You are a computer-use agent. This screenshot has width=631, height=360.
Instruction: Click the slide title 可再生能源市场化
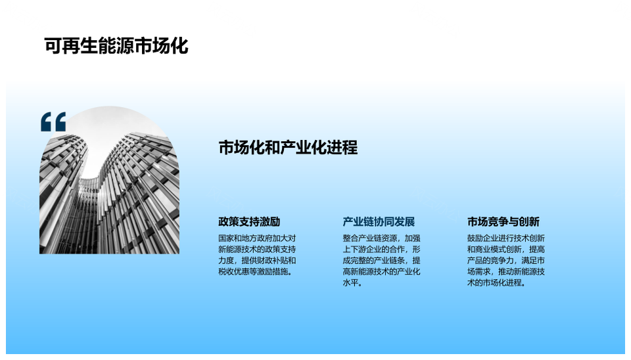pos(116,46)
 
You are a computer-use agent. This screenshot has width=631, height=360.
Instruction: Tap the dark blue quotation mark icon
pos(53,122)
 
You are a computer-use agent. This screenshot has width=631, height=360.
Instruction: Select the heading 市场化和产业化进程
pos(288,148)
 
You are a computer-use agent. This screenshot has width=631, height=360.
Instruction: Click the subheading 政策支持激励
pos(249,221)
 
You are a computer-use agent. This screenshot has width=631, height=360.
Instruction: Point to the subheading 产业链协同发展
pos(379,221)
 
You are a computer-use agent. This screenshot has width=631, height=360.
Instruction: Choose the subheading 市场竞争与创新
pos(503,221)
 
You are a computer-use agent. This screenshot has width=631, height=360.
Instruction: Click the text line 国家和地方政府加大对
pos(257,238)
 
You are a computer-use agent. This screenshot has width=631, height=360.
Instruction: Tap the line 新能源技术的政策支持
pos(257,250)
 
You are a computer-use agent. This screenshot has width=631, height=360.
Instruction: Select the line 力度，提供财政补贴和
pos(257,260)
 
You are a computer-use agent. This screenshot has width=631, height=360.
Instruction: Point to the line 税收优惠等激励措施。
pos(255,271)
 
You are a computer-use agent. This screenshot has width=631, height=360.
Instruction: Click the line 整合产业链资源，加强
pos(381,238)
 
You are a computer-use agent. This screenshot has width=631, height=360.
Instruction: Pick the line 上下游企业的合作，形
pos(381,250)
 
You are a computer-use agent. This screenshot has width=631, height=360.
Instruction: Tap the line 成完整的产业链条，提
pos(381,260)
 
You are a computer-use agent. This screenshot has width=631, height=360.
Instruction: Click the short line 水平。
pos(352,282)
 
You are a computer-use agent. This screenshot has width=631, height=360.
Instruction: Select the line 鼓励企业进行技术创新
pos(506,238)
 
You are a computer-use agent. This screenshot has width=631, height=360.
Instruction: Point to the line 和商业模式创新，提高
pos(506,250)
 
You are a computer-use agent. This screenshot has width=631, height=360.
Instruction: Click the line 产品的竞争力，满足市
pos(506,260)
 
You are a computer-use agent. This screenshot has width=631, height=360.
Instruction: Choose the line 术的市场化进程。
pos(496,282)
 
